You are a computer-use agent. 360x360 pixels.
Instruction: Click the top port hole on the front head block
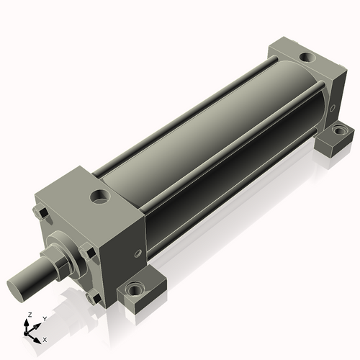tap(98, 194)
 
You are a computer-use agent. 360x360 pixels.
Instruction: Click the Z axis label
tap(29, 315)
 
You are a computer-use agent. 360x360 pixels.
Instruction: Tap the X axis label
tap(45, 338)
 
